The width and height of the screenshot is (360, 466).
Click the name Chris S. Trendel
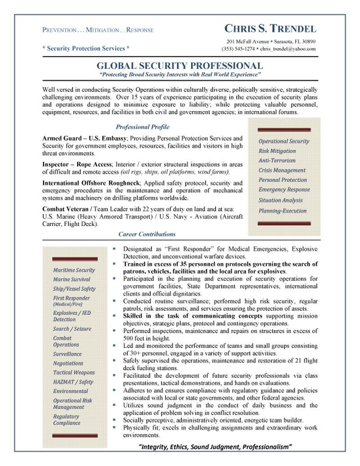tap(270, 29)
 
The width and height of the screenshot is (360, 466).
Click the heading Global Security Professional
tap(180, 66)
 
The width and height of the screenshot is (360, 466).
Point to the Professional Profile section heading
tap(142, 127)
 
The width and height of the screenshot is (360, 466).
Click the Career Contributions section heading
tap(147, 234)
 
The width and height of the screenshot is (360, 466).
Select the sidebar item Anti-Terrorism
tap(277, 160)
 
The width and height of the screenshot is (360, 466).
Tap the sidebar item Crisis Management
tap(282, 170)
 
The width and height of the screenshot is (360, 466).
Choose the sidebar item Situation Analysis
tap(280, 200)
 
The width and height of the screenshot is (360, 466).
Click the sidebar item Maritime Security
tap(74, 270)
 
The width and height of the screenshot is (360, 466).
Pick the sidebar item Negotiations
tap(68, 363)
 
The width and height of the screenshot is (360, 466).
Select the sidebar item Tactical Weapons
tap(74, 372)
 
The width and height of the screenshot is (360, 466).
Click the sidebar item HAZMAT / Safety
tap(73, 382)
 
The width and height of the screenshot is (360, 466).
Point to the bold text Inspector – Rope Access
tap(77, 164)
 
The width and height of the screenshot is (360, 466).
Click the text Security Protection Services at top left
tap(86, 48)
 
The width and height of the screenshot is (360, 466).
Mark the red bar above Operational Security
tap(284, 130)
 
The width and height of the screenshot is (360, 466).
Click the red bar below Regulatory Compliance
tap(74, 436)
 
